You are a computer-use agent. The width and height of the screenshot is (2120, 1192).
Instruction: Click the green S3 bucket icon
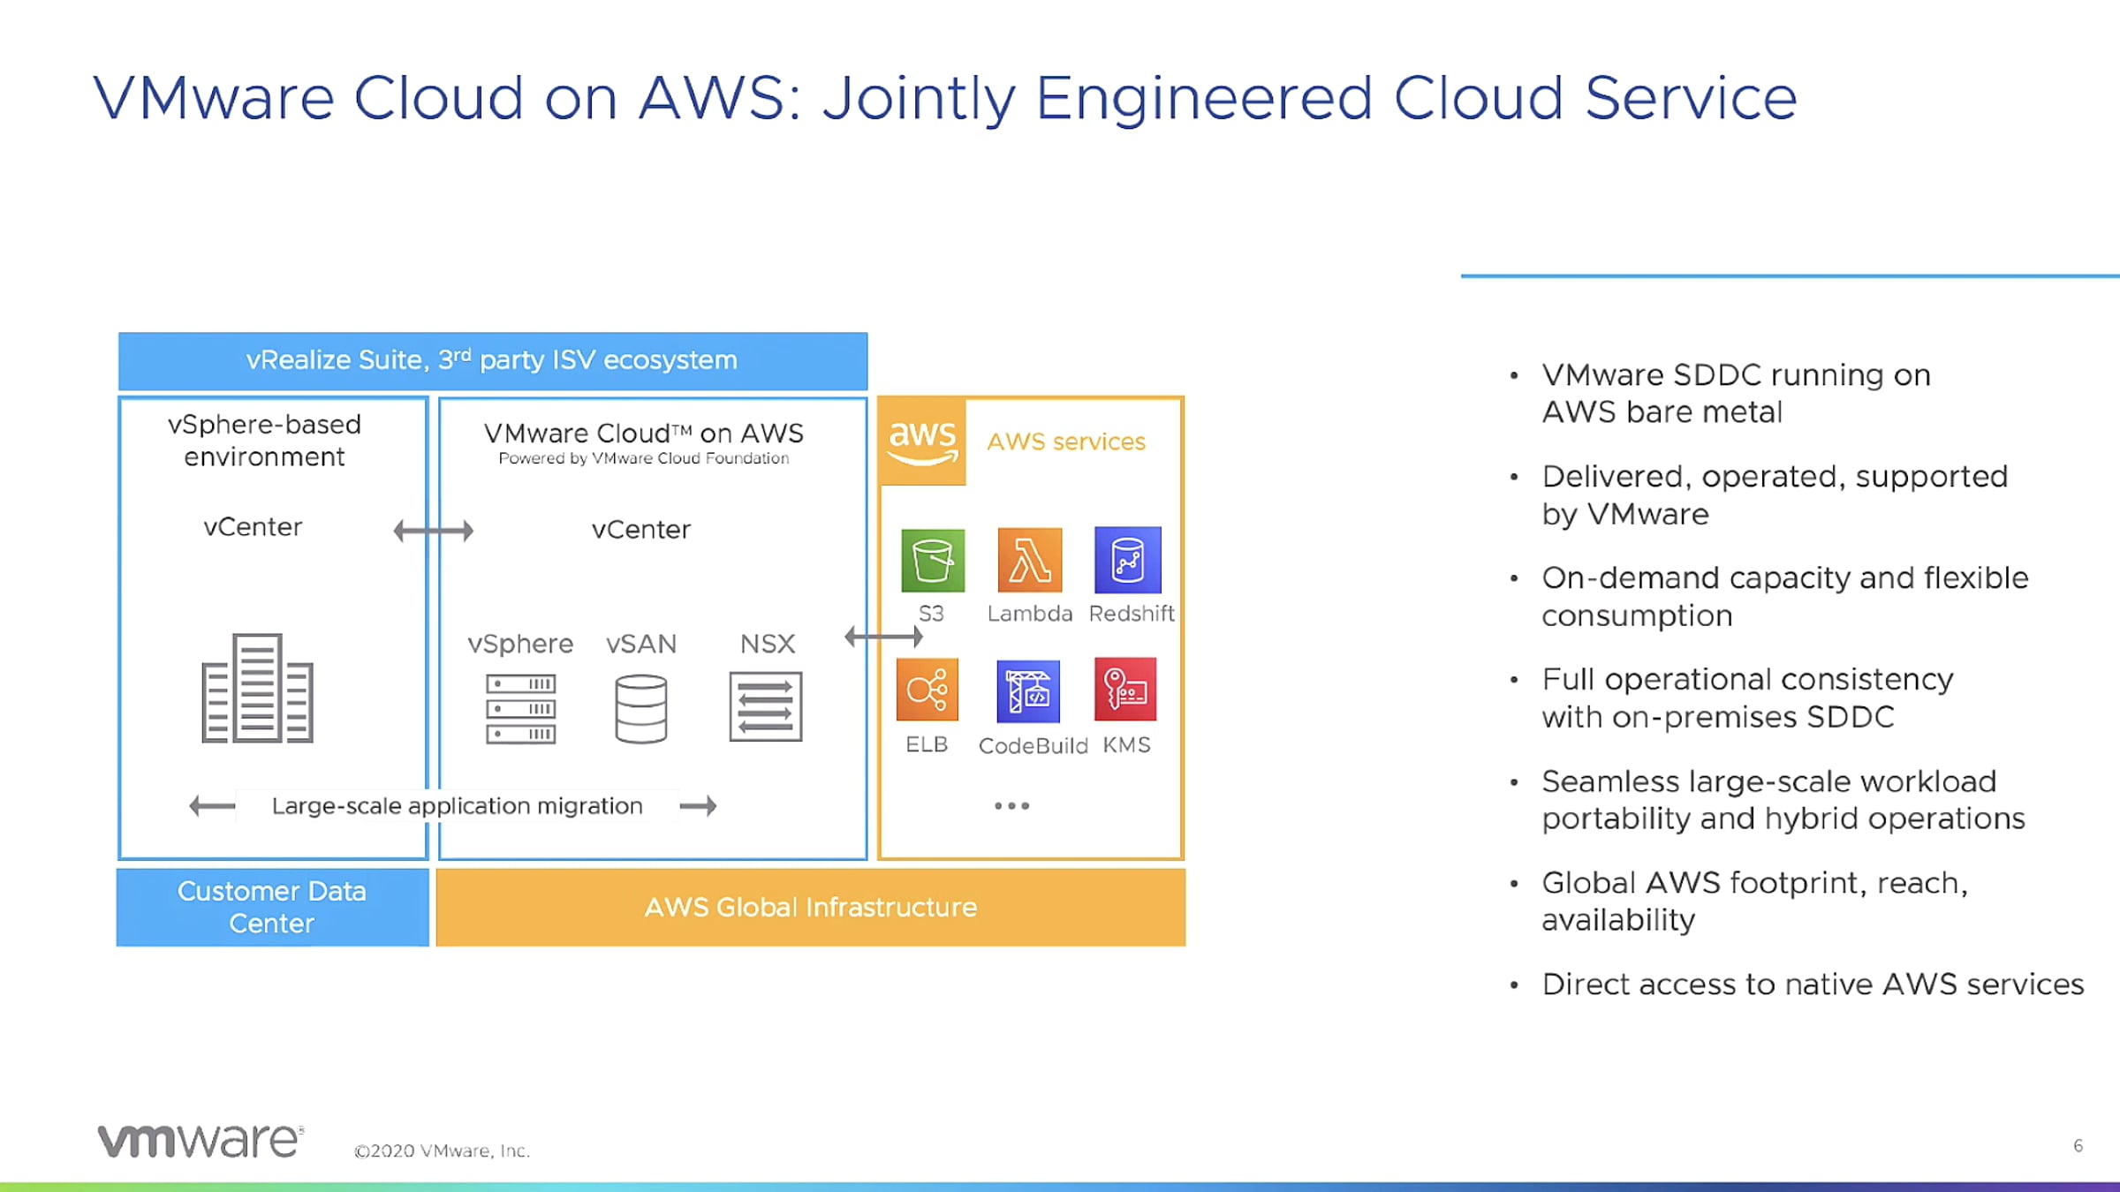point(933,561)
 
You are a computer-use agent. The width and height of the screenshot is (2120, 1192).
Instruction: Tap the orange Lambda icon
point(1029,560)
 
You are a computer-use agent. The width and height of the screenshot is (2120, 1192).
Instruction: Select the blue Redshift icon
point(1128,560)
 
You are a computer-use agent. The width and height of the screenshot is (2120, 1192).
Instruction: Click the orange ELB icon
point(927,690)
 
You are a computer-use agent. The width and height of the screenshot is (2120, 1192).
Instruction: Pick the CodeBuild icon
point(1028,690)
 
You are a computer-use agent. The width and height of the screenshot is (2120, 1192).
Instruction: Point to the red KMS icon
point(1125,690)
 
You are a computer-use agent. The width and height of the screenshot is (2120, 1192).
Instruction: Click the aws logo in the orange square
point(922,441)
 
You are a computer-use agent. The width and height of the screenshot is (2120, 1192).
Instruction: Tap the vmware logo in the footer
point(201,1141)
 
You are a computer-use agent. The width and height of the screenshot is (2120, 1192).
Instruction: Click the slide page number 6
point(2078,1146)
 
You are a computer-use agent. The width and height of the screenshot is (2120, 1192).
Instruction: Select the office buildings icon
point(257,689)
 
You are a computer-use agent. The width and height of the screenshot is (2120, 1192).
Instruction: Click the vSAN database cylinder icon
point(640,708)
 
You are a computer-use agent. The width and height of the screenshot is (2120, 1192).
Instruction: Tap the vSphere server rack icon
point(520,708)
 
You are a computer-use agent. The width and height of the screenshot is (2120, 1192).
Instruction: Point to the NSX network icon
point(766,706)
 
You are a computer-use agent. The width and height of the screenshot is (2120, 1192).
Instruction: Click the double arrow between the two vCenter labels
point(433,531)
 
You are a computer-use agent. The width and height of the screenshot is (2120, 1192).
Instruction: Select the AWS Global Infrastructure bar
point(810,907)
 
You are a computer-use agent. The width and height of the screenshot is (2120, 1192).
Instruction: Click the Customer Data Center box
point(272,907)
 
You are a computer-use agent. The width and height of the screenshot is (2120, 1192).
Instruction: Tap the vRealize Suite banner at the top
point(492,361)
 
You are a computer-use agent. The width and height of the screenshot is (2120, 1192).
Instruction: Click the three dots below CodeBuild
point(1011,805)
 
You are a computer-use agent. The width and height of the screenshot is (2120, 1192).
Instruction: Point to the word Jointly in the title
point(919,99)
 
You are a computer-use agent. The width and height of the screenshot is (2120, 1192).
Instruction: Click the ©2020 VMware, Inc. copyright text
point(442,1151)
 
